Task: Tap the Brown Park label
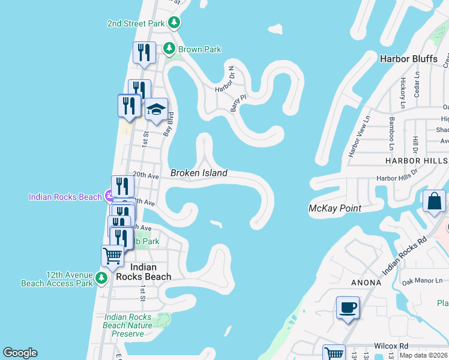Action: pyautogui.click(x=199, y=49)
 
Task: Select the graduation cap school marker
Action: pyautogui.click(x=156, y=110)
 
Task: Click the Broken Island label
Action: pyautogui.click(x=199, y=173)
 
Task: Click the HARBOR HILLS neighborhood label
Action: pyautogui.click(x=416, y=161)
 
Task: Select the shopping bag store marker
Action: pyautogui.click(x=434, y=202)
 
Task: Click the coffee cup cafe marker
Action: pyautogui.click(x=348, y=308)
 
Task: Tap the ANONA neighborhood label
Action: pyautogui.click(x=366, y=282)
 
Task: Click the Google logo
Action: pyautogui.click(x=20, y=353)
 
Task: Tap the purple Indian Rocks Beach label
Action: pyautogui.click(x=66, y=197)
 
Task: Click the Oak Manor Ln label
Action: pyautogui.click(x=422, y=280)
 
